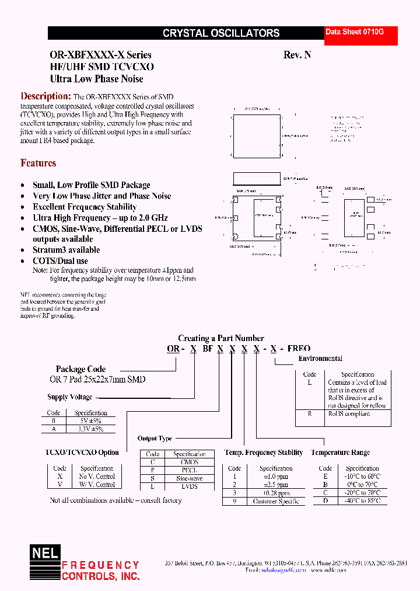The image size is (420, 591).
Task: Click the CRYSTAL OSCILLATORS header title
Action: tap(221, 33)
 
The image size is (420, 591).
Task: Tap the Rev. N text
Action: tap(297, 55)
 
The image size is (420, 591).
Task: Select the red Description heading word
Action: tap(45, 96)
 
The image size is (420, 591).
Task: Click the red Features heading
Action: tap(38, 164)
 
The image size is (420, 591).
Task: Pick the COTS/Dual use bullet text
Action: tap(61, 261)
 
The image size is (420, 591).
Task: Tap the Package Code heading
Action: tap(80, 369)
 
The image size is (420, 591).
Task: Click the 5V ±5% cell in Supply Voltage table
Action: tap(90, 421)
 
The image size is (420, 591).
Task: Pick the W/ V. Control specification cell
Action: tap(97, 485)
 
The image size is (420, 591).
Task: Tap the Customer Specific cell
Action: tap(276, 501)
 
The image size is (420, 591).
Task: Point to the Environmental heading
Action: tap(320, 359)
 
